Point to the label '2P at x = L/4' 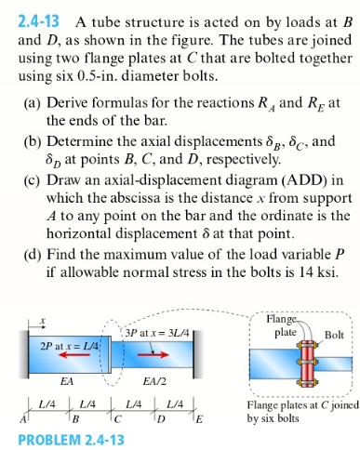[70, 345]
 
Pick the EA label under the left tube [67, 381]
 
